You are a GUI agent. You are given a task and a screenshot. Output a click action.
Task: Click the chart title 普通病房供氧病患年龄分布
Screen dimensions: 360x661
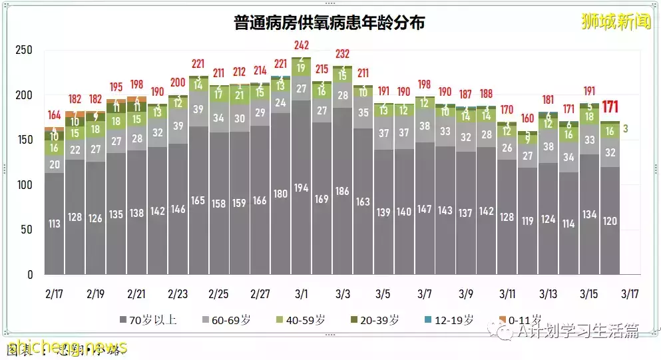[x=330, y=23]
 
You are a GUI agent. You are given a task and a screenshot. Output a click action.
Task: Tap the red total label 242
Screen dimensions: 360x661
[x=301, y=45]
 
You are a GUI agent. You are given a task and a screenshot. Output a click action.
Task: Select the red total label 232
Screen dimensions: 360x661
[x=343, y=54]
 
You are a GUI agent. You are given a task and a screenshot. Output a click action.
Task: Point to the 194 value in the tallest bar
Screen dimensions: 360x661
[x=301, y=188]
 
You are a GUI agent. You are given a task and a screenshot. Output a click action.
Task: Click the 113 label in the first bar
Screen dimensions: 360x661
[x=54, y=224]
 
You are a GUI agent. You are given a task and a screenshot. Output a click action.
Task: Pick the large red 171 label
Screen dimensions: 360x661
[x=610, y=106]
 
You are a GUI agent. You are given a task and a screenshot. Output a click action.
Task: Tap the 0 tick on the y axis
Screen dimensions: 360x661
[x=29, y=275]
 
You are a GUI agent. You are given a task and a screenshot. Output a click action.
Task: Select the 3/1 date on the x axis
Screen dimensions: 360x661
[x=301, y=294]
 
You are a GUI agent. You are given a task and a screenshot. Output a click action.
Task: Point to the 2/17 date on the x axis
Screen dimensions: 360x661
[x=54, y=294]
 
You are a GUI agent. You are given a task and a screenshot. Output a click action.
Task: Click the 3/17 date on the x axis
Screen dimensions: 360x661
[x=630, y=294]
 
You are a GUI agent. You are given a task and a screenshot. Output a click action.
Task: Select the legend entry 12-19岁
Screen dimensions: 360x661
[x=453, y=320]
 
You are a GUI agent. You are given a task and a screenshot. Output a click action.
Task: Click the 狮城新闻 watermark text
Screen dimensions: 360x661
[x=616, y=22]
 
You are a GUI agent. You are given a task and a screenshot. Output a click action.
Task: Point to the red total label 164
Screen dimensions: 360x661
[x=54, y=114]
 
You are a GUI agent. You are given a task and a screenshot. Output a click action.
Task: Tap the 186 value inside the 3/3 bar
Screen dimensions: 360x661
[x=343, y=192]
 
